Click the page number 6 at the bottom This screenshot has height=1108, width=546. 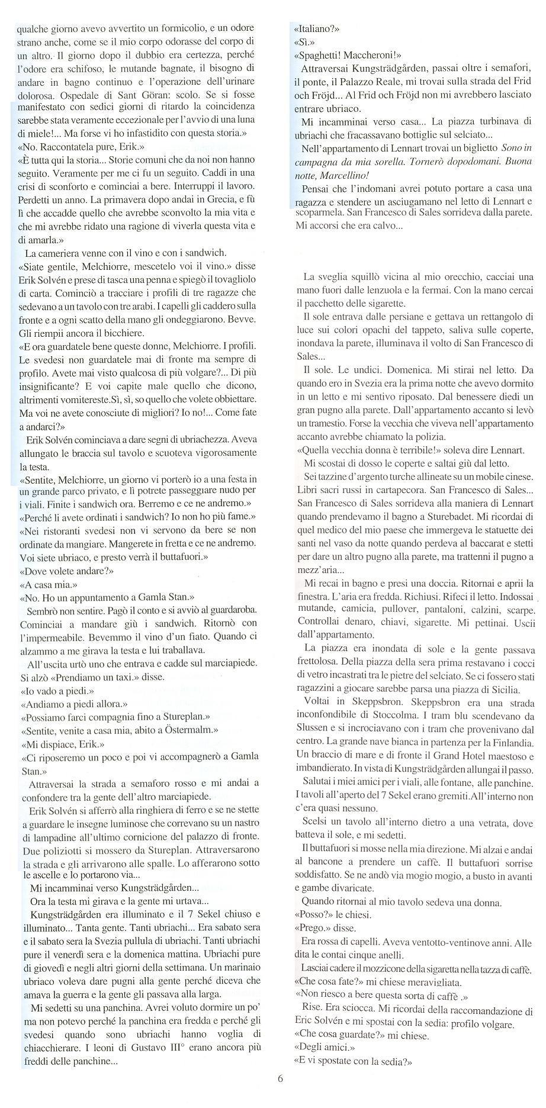point(280,1094)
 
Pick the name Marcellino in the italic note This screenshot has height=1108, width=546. point(343,176)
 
